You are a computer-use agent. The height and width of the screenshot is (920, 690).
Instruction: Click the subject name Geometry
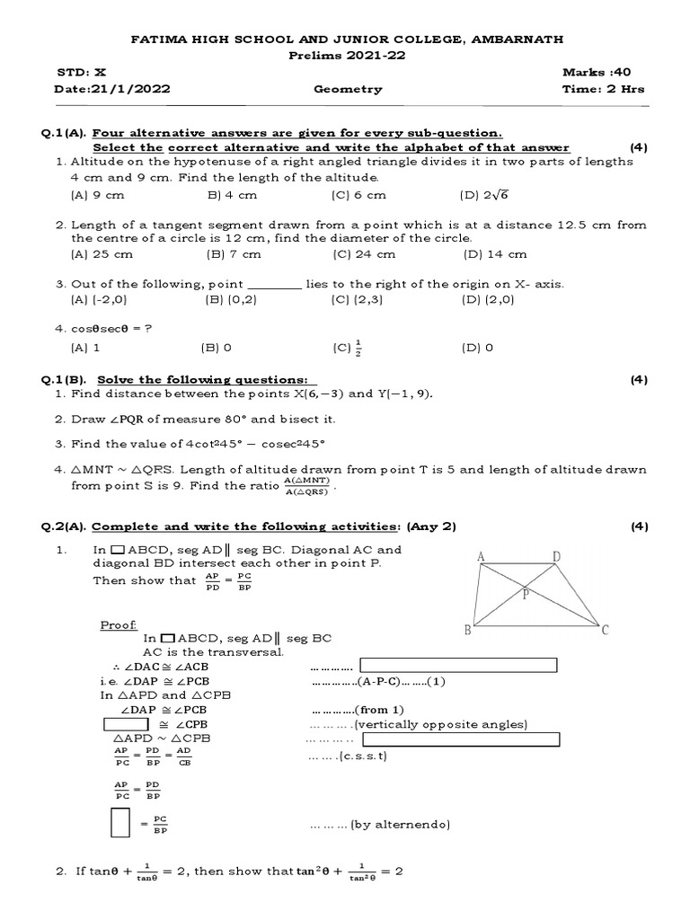tap(348, 89)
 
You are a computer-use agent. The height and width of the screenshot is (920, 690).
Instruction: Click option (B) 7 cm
tap(234, 254)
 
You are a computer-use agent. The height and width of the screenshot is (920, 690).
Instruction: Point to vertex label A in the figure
tap(482, 557)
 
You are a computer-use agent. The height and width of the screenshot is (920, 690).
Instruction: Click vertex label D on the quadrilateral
tap(556, 557)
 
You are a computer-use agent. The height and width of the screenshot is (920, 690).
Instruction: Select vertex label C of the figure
tap(606, 630)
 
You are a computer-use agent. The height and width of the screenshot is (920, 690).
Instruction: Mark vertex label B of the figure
tap(467, 630)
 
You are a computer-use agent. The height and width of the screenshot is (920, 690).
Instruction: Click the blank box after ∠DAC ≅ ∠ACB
tap(458, 665)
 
